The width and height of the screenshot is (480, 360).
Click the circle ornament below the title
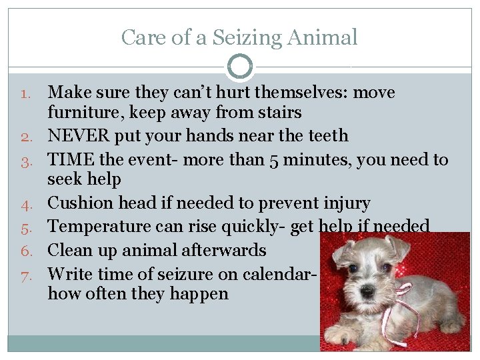(240, 67)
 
